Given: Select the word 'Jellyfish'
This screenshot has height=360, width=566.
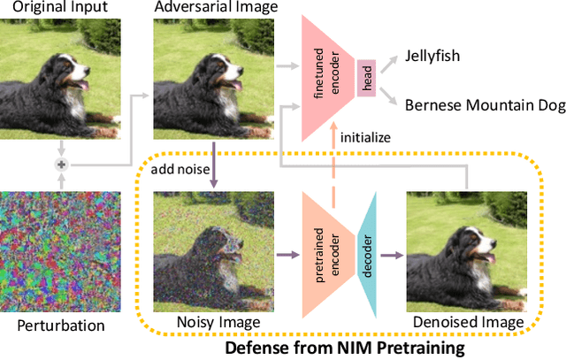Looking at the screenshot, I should pyautogui.click(x=435, y=54).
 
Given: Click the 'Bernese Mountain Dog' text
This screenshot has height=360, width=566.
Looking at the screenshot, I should pyautogui.click(x=484, y=105).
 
